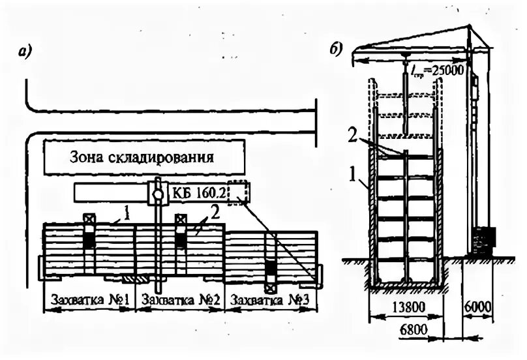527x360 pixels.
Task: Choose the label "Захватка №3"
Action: click(x=267, y=302)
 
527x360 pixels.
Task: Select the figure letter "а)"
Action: click(x=26, y=52)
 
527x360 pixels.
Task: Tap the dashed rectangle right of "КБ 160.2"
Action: click(x=239, y=192)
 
